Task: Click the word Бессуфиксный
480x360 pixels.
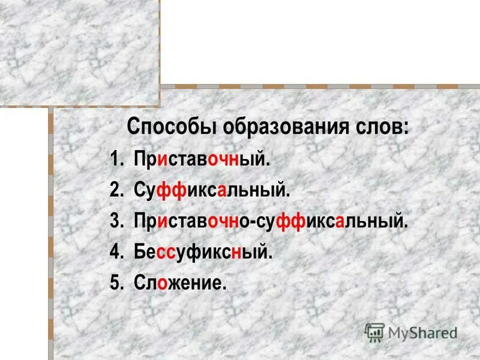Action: (x=204, y=253)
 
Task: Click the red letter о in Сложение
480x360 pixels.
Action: (x=163, y=284)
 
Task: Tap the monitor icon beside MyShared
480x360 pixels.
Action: (x=374, y=332)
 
